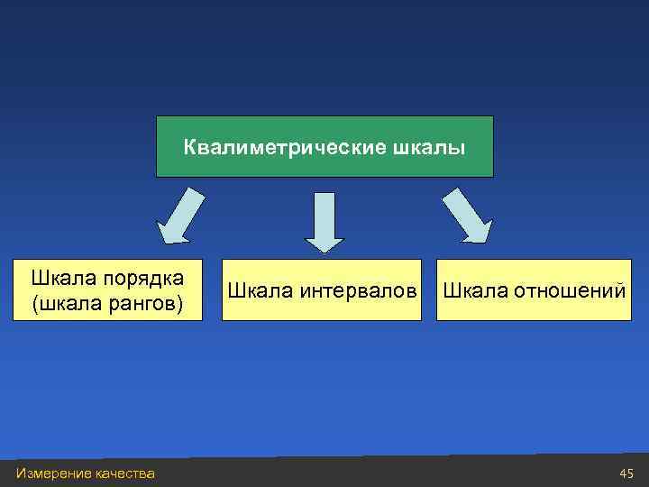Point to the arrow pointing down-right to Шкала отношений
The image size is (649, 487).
pyautogui.click(x=468, y=216)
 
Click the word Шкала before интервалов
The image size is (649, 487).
pyautogui.click(x=256, y=290)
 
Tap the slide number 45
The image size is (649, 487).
pyautogui.click(x=627, y=473)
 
